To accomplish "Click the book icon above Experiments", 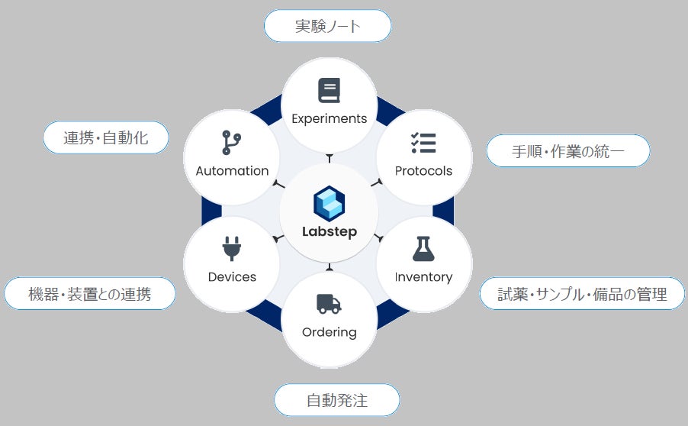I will coord(329,91).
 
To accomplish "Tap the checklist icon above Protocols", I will coord(423,143).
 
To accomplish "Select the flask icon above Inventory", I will coord(423,249).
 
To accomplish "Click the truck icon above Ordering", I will coord(329,305).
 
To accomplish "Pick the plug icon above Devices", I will coord(231,249).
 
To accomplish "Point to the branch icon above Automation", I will coord(231,143).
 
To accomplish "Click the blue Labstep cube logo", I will coord(330,204).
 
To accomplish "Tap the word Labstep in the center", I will coord(330,232).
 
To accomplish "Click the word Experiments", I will coord(330,118).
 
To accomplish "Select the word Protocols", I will coord(423,171).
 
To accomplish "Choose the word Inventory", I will coord(423,276).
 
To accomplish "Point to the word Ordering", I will coord(330,332).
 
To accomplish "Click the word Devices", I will coord(232,276).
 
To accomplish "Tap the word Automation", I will coord(232,171).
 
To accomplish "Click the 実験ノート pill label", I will coord(327,27).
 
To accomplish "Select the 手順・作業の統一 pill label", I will coord(567,151).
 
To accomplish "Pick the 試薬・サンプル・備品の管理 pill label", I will coord(582,294).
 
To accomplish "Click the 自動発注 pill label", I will coord(336,400).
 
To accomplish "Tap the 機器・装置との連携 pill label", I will coord(89,294).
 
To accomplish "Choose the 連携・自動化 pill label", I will coord(105,138).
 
